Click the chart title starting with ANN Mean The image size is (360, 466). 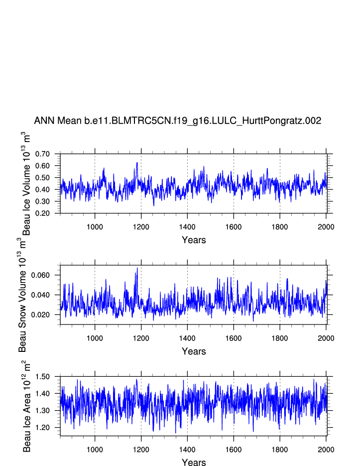177,121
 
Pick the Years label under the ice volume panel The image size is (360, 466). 194,240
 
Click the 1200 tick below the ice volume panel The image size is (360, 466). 141,227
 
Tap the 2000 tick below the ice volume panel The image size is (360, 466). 326,227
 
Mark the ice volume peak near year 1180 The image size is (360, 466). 137,162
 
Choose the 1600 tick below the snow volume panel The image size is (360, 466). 234,338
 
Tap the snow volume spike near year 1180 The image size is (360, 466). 137,268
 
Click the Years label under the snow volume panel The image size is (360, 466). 194,351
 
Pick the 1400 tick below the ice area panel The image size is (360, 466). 187,449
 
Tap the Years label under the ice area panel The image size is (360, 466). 194,462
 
